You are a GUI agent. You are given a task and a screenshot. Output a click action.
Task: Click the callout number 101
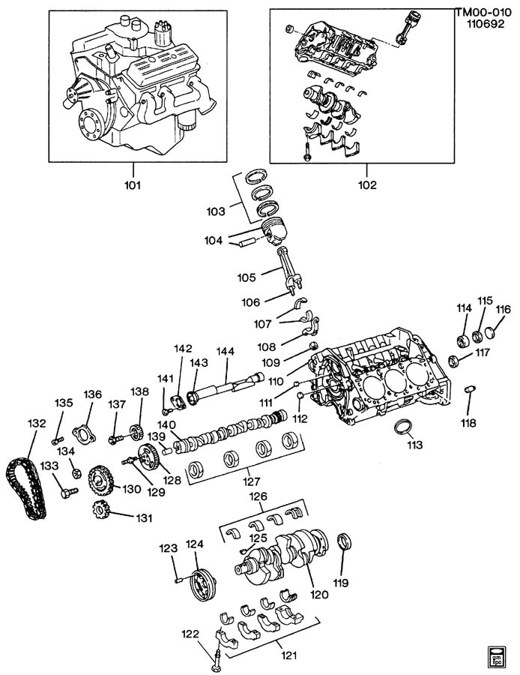pos(136,184)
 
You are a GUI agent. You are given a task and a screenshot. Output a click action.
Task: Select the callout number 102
pos(367,184)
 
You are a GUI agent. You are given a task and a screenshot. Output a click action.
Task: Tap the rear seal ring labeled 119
pos(345,541)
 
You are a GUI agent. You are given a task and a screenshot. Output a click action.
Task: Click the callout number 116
pos(502,309)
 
